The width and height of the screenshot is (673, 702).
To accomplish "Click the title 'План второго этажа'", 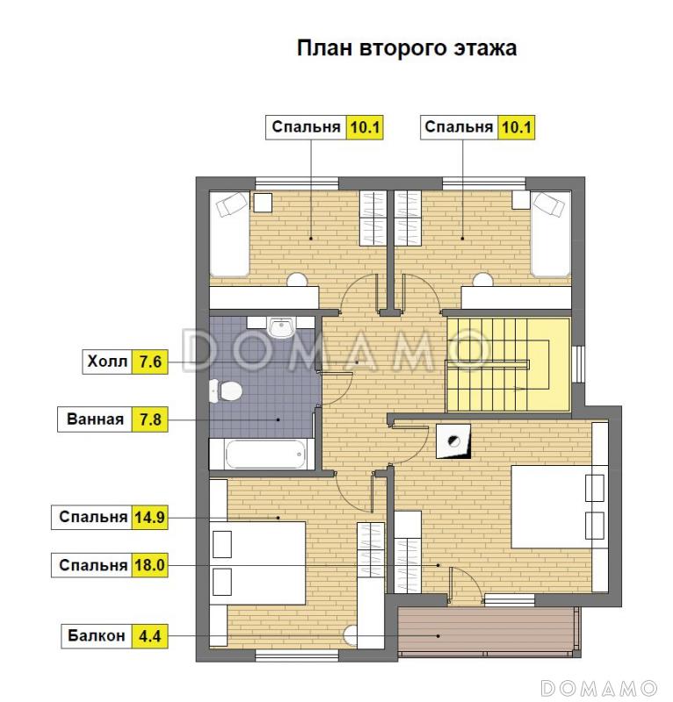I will pos(405,48).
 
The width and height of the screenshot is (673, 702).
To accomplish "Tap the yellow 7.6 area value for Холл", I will pos(148,362).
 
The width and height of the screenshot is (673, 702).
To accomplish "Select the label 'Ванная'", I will pos(95,419).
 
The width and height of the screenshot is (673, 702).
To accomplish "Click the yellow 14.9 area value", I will pos(149,517).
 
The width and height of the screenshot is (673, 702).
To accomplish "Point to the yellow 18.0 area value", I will pos(149,565).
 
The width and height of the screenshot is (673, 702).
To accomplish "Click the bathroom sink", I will pos(280,328).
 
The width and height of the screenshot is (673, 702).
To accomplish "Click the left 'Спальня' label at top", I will pos(306,127).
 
